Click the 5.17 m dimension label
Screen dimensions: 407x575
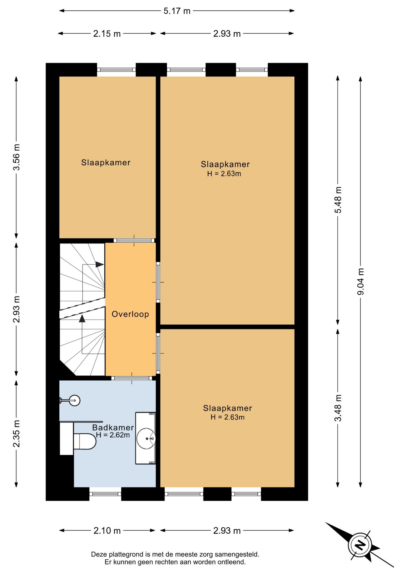(177, 11)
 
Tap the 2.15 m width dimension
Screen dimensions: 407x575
(107, 34)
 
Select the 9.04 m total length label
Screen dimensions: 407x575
(361, 282)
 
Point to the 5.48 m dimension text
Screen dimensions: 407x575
(338, 200)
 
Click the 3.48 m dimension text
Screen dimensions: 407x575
(338, 408)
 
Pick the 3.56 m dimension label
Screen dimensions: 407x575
(16, 157)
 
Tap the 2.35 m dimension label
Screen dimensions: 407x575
(16, 433)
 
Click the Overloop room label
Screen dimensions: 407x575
(130, 314)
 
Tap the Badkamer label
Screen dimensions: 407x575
(113, 428)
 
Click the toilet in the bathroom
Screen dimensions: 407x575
(85, 441)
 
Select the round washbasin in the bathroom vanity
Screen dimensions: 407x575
(146, 439)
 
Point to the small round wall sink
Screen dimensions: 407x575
(74, 400)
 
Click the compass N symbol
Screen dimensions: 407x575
(360, 544)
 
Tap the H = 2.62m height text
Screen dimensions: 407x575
(113, 435)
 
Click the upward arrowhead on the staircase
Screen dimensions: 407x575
(82, 318)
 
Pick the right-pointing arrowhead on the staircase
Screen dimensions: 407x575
(100, 264)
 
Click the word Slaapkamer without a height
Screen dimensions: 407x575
(106, 163)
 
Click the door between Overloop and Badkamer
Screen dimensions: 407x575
(132, 378)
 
